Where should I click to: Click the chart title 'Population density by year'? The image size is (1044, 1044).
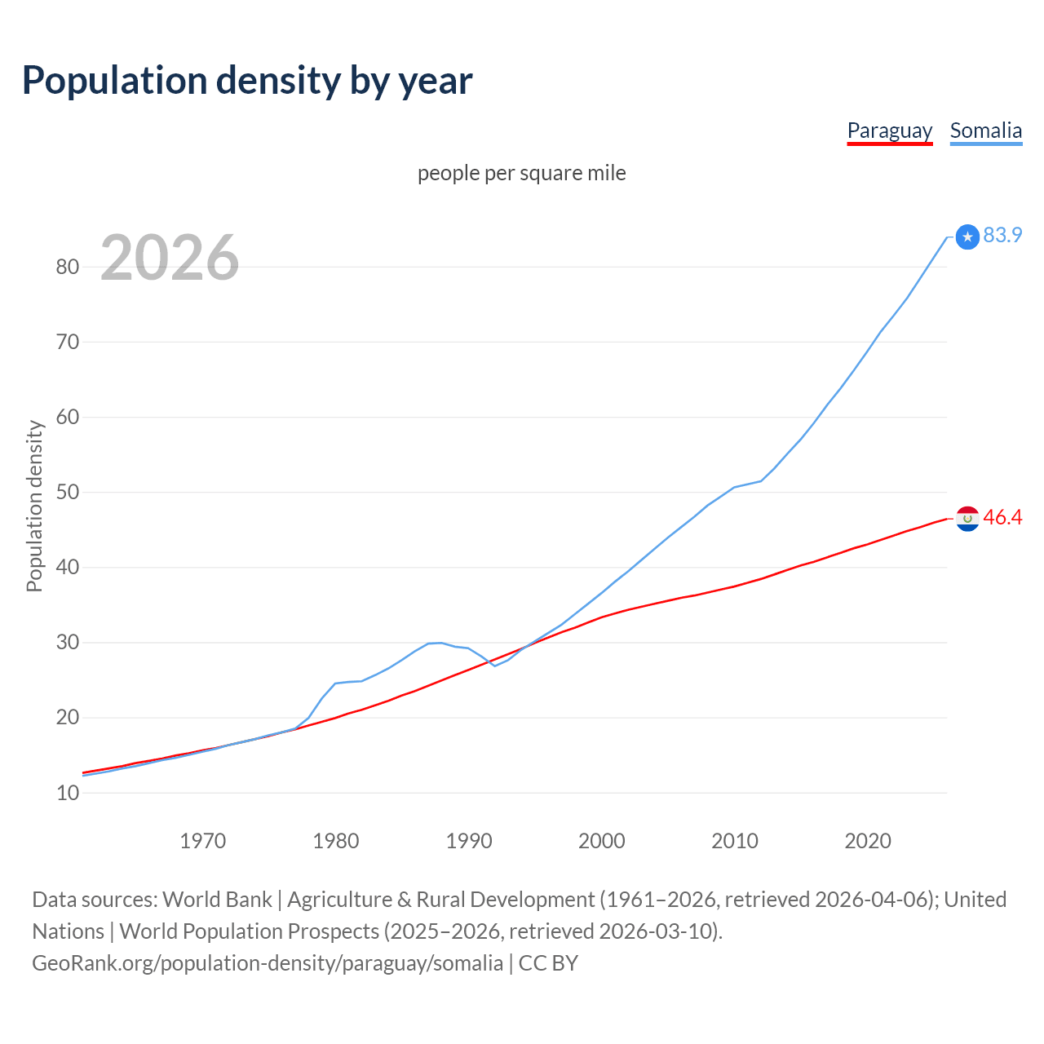pyautogui.click(x=247, y=81)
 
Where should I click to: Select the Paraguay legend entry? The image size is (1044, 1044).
pyautogui.click(x=889, y=130)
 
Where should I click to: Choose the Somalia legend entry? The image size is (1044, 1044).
pyautogui.click(x=985, y=130)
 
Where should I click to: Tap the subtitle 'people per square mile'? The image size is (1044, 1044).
pyautogui.click(x=521, y=173)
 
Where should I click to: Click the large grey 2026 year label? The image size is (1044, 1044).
pyautogui.click(x=170, y=258)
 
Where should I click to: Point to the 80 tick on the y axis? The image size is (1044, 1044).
pyautogui.click(x=68, y=267)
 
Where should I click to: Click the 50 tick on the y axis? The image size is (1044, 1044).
pyautogui.click(x=68, y=492)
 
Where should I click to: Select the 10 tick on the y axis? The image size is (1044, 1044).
pyautogui.click(x=68, y=793)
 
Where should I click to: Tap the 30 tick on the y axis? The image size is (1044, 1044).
pyautogui.click(x=68, y=643)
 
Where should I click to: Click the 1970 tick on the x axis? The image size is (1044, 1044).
pyautogui.click(x=202, y=841)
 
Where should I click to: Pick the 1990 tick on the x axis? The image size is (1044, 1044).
pyautogui.click(x=469, y=841)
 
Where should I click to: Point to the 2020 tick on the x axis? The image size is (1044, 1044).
pyautogui.click(x=868, y=841)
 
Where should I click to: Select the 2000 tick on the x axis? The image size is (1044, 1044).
pyautogui.click(x=602, y=841)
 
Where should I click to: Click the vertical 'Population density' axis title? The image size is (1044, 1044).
pyautogui.click(x=34, y=506)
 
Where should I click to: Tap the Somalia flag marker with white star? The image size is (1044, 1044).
pyautogui.click(x=967, y=237)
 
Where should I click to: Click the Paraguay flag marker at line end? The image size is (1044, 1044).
pyautogui.click(x=967, y=519)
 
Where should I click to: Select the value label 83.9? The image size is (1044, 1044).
pyautogui.click(x=1002, y=235)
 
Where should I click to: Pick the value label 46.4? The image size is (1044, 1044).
pyautogui.click(x=1002, y=518)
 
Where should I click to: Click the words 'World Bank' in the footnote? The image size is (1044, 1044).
pyautogui.click(x=217, y=900)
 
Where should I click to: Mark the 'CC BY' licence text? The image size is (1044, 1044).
pyautogui.click(x=548, y=963)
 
